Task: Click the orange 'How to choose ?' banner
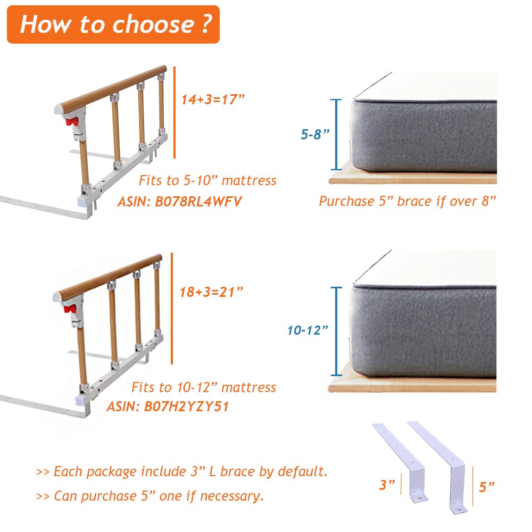(x=113, y=24)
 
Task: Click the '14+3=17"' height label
(x=213, y=99)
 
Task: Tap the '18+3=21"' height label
(x=211, y=292)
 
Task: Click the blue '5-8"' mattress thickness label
(x=315, y=135)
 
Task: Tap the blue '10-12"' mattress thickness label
(x=307, y=330)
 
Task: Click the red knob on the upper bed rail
(x=72, y=121)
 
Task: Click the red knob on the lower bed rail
(x=70, y=309)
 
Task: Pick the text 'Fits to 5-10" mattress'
(x=207, y=180)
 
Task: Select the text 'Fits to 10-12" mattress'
(x=204, y=387)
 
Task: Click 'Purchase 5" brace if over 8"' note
(x=408, y=201)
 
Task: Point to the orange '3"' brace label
(x=387, y=485)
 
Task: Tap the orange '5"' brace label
(x=487, y=487)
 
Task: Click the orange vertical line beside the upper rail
(x=174, y=112)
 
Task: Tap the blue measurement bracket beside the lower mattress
(x=336, y=331)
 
